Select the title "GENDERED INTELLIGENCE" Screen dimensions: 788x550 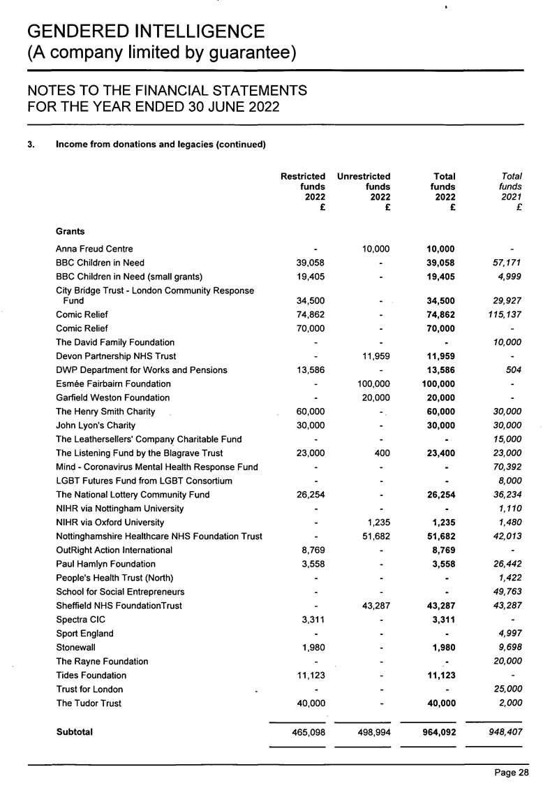click(x=146, y=31)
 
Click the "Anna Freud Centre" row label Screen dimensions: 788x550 click(x=95, y=248)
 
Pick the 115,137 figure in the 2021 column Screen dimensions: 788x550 click(x=503, y=314)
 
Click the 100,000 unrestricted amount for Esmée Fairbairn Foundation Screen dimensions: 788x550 click(x=372, y=384)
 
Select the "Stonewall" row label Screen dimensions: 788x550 click(x=75, y=648)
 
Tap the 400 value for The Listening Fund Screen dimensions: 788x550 click(x=382, y=453)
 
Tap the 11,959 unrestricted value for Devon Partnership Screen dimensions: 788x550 click(x=374, y=356)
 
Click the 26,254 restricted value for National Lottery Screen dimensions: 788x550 click(x=308, y=495)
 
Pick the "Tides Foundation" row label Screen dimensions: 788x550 click(x=91, y=676)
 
